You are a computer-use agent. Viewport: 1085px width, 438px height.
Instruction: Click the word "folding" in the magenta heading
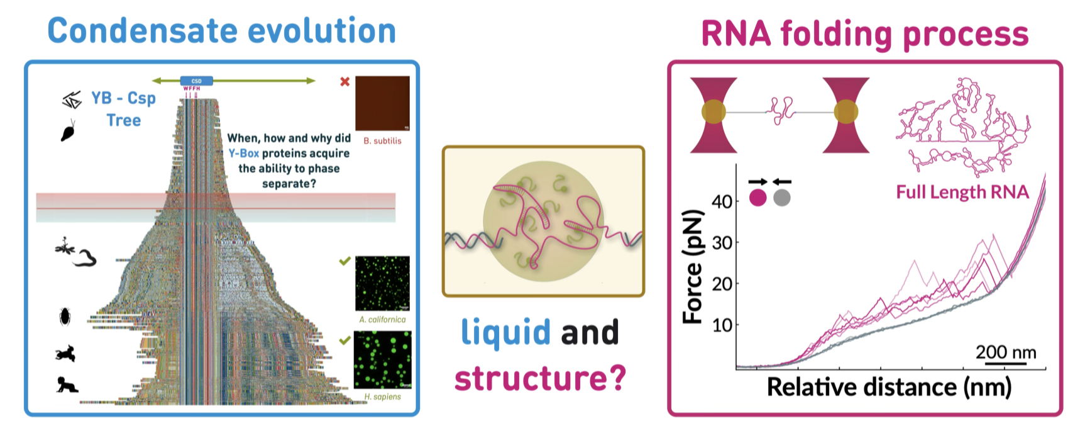tap(835, 34)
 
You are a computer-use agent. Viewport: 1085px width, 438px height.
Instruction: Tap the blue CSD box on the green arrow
tap(197, 81)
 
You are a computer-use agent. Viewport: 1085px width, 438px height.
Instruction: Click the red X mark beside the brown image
tap(344, 82)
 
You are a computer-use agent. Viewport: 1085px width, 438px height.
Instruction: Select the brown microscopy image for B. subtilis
tap(382, 103)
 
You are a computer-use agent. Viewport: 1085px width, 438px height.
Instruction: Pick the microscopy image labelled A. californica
tap(382, 283)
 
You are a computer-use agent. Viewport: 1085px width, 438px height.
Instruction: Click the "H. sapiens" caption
tap(382, 397)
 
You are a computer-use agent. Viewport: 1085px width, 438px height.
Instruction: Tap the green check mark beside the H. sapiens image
tap(344, 340)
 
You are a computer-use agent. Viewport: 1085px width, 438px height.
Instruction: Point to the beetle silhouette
tap(65, 316)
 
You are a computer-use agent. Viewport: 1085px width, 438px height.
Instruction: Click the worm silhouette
tap(85, 257)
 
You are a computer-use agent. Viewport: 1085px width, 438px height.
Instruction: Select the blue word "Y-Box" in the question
tap(244, 154)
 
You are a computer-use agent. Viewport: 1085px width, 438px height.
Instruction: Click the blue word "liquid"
tap(506, 332)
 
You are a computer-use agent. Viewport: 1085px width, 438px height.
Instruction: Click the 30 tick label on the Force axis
tap(722, 242)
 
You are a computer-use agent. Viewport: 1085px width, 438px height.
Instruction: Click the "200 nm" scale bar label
tap(1005, 352)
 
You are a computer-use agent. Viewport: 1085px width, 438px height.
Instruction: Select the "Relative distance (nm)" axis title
tap(889, 387)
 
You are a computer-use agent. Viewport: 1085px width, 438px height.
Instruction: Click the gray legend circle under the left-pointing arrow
tap(781, 198)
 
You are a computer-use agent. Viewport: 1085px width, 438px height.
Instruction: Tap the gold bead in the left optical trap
tap(713, 113)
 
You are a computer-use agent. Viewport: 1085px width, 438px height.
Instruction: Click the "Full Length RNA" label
tap(962, 192)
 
